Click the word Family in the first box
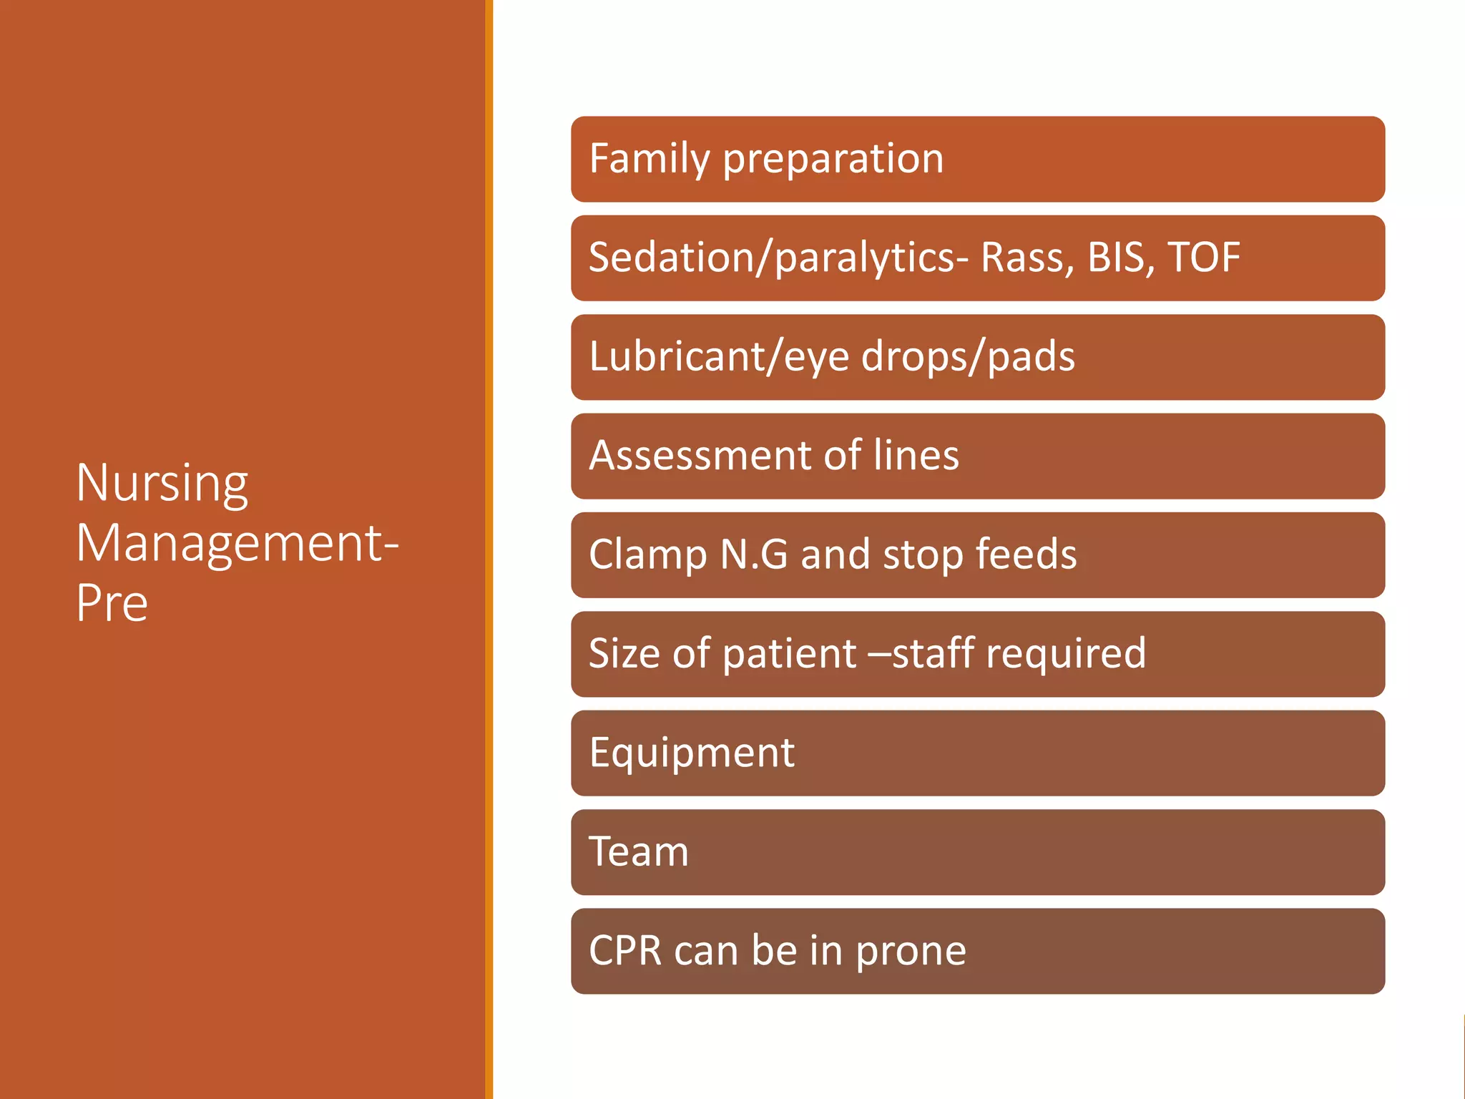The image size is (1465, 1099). pyautogui.click(x=648, y=159)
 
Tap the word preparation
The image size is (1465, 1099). pyautogui.click(x=833, y=159)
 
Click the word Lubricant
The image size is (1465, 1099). pyautogui.click(x=677, y=356)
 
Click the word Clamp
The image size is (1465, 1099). pyautogui.click(x=648, y=555)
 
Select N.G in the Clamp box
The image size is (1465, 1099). pyautogui.click(x=753, y=555)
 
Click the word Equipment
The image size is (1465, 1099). pyautogui.click(x=692, y=753)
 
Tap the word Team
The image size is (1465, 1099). pyautogui.click(x=638, y=851)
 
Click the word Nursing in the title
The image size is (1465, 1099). pyautogui.click(x=162, y=484)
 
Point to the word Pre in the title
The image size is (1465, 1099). pyautogui.click(x=112, y=603)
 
